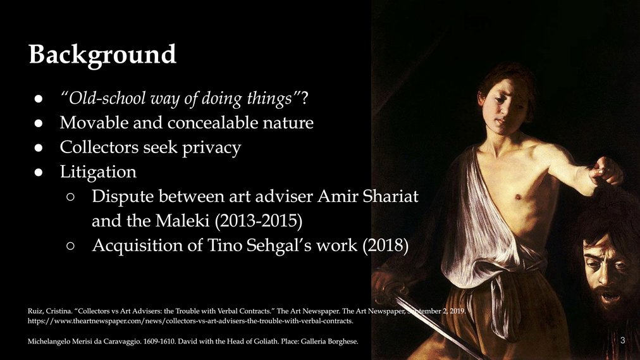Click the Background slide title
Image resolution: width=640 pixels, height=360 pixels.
[102, 54]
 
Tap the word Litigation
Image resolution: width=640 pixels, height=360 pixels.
[98, 172]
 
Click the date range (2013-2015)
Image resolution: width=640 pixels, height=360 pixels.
[259, 221]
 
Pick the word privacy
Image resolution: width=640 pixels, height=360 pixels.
[211, 148]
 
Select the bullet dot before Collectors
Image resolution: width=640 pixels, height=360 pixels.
[39, 148]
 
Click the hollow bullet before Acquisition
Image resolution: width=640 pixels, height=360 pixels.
[70, 245]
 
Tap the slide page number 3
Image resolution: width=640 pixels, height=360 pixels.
[622, 340]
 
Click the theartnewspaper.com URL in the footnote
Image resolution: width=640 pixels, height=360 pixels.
[190, 321]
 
